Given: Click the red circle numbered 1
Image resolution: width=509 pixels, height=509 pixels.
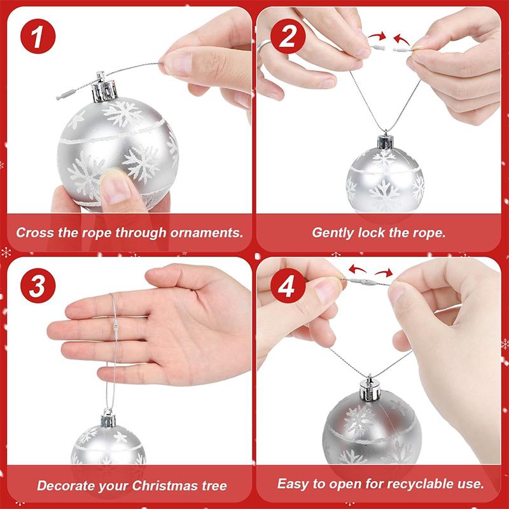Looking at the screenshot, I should pyautogui.click(x=38, y=36).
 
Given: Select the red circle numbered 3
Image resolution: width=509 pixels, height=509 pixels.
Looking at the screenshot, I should pyautogui.click(x=38, y=287).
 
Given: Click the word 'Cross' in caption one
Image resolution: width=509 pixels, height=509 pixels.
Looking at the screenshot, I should pyautogui.click(x=34, y=232).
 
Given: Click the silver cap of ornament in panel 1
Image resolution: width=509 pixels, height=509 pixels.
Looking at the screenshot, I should pyautogui.click(x=105, y=87).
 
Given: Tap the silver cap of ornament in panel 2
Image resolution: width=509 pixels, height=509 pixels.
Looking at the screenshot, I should pyautogui.click(x=384, y=141).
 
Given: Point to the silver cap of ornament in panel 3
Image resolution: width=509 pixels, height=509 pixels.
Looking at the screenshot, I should pyautogui.click(x=108, y=418).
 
